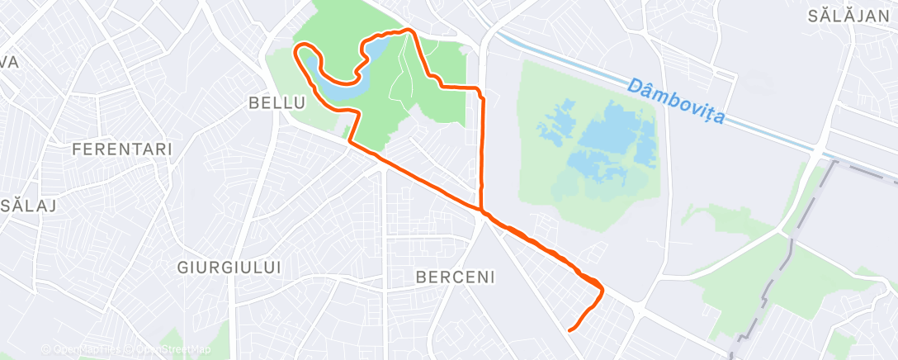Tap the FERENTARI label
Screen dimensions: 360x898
[x=122, y=149]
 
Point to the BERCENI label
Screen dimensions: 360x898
[x=456, y=277]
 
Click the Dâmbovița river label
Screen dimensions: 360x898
[x=675, y=102]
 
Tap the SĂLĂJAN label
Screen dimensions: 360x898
[x=848, y=16]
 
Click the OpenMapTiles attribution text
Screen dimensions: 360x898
[x=83, y=350]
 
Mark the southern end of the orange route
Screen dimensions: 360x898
[x=570, y=331]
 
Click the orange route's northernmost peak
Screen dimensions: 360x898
[x=409, y=30]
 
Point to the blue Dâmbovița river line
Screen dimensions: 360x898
[x=578, y=62]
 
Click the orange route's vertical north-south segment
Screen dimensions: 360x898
[x=482, y=149]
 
